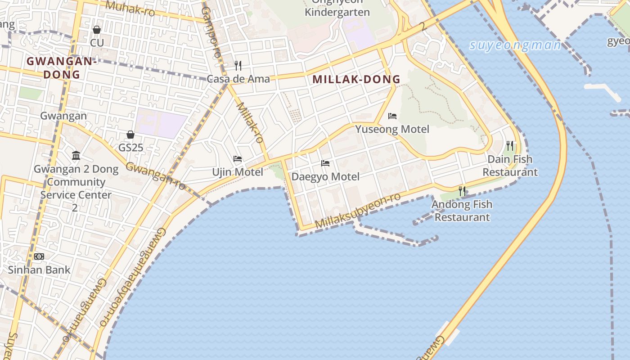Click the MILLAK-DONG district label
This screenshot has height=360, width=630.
click(356, 80)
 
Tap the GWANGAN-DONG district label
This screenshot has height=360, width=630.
click(62, 68)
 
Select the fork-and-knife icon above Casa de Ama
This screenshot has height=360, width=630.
click(238, 66)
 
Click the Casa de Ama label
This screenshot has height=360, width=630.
click(238, 79)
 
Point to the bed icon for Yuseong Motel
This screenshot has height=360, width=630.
click(392, 116)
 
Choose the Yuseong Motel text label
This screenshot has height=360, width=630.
click(392, 130)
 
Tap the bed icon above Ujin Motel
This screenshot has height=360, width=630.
click(238, 159)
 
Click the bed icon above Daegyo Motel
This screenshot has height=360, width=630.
click(325, 163)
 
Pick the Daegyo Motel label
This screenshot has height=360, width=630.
click(325, 177)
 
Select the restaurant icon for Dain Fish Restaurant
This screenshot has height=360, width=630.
click(510, 146)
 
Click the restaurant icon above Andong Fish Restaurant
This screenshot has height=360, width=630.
click(462, 191)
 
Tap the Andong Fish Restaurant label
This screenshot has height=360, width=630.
click(462, 211)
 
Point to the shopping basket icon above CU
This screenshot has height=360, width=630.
click(97, 30)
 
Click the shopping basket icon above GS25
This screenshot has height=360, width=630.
click(130, 135)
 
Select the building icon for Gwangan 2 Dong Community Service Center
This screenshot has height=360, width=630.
click(76, 156)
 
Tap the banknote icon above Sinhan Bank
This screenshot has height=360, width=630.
click(39, 256)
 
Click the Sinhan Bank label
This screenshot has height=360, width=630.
click(39, 270)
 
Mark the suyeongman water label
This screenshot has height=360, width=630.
click(515, 45)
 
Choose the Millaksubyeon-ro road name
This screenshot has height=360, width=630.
click(358, 211)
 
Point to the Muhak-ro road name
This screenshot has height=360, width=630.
click(130, 8)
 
